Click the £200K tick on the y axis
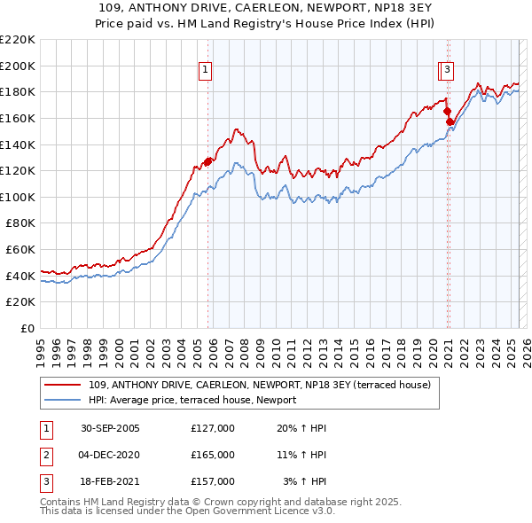[x=18, y=66]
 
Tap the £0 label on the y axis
[x=27, y=329]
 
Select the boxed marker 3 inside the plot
[x=448, y=68]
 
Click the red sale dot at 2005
[x=208, y=161]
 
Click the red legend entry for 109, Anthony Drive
[x=260, y=385]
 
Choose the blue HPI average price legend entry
[x=192, y=400]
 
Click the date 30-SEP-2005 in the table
[x=110, y=428]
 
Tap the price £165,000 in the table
[x=213, y=455]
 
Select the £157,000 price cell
[x=213, y=481]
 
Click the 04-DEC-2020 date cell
[x=110, y=455]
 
